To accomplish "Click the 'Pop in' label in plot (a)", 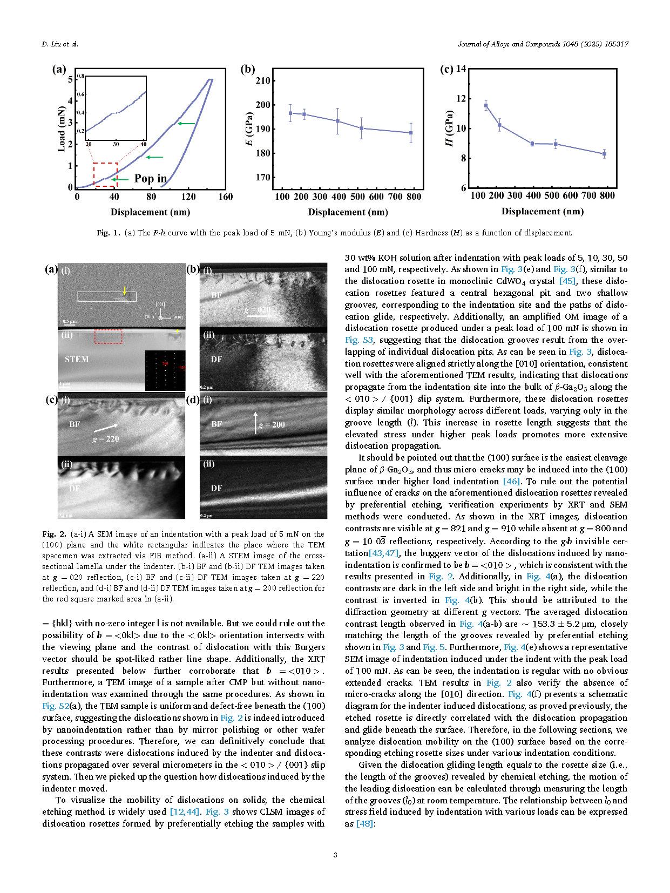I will point(151,178).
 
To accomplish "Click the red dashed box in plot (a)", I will point(105,174).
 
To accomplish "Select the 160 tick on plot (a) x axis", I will point(226,197).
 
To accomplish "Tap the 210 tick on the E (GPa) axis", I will point(263,80).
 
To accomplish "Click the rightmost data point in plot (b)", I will point(411,133).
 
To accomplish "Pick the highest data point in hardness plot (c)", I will point(486,106).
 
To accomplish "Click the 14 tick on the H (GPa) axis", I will point(461,69).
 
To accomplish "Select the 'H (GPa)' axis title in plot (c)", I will point(448,128).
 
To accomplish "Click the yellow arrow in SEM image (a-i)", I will point(125,290).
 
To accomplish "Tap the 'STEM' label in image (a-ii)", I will point(77,360).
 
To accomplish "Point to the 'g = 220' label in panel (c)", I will point(105,439).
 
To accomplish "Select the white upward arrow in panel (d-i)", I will point(255,423).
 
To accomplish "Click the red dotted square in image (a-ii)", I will point(109,336).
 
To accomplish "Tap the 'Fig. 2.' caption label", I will point(54,534).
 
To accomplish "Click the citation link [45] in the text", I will point(567,281).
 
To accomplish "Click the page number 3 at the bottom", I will point(335,855).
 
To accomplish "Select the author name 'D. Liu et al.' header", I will point(60,44).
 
